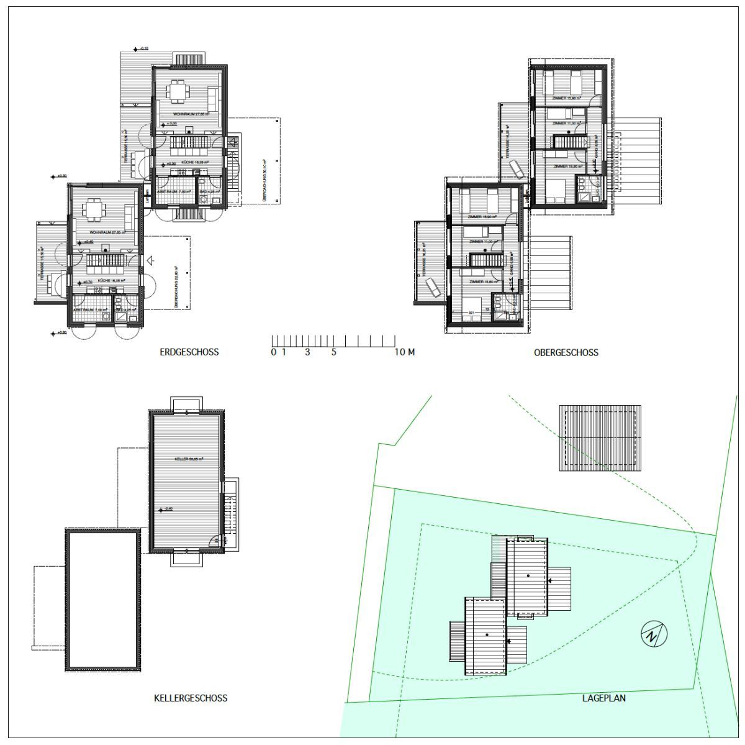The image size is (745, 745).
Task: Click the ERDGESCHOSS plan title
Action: point(189,352)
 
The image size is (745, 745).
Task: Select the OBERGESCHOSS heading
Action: point(566,352)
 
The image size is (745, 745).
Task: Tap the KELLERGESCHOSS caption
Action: point(191,698)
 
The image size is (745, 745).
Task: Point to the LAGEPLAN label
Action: point(603,698)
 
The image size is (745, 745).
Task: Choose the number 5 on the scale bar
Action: point(333,352)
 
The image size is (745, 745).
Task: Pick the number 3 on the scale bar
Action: point(307,352)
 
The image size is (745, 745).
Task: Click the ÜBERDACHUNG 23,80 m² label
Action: point(176,292)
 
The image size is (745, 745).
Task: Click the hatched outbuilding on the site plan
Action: point(600,438)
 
